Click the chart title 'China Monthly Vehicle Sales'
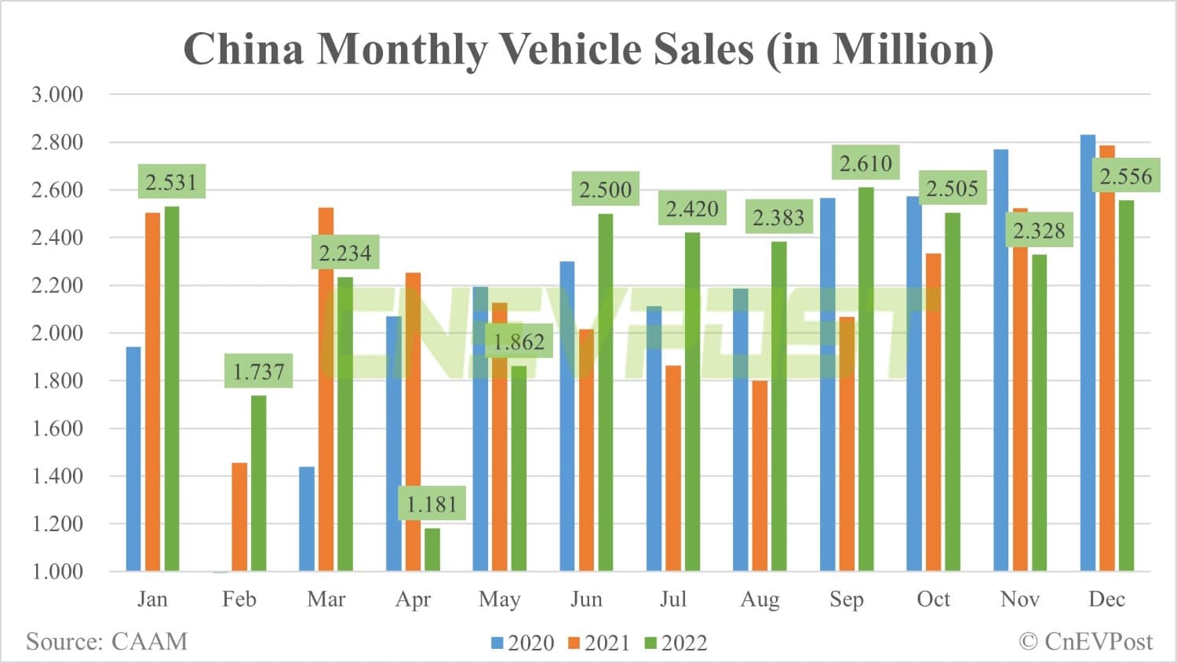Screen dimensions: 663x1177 point(588,49)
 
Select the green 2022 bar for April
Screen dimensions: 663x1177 point(432,550)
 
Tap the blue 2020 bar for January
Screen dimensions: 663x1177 point(133,459)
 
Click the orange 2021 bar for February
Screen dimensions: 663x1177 point(239,517)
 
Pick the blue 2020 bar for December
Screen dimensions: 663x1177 point(1088,353)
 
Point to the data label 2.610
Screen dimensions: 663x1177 point(865,163)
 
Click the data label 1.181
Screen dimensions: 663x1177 point(432,504)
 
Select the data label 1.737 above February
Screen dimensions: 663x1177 point(259,371)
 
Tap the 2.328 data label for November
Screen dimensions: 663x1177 point(1039,231)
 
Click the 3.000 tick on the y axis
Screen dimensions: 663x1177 point(56,95)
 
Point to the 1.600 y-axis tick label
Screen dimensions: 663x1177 point(56,428)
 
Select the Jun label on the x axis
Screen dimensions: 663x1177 point(586,599)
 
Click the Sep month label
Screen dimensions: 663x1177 point(847,599)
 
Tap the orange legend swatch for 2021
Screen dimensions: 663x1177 point(574,643)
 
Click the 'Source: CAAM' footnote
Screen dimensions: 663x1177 point(107,642)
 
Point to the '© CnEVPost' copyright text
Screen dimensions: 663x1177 point(1086,642)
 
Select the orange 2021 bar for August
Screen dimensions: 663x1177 point(760,475)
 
